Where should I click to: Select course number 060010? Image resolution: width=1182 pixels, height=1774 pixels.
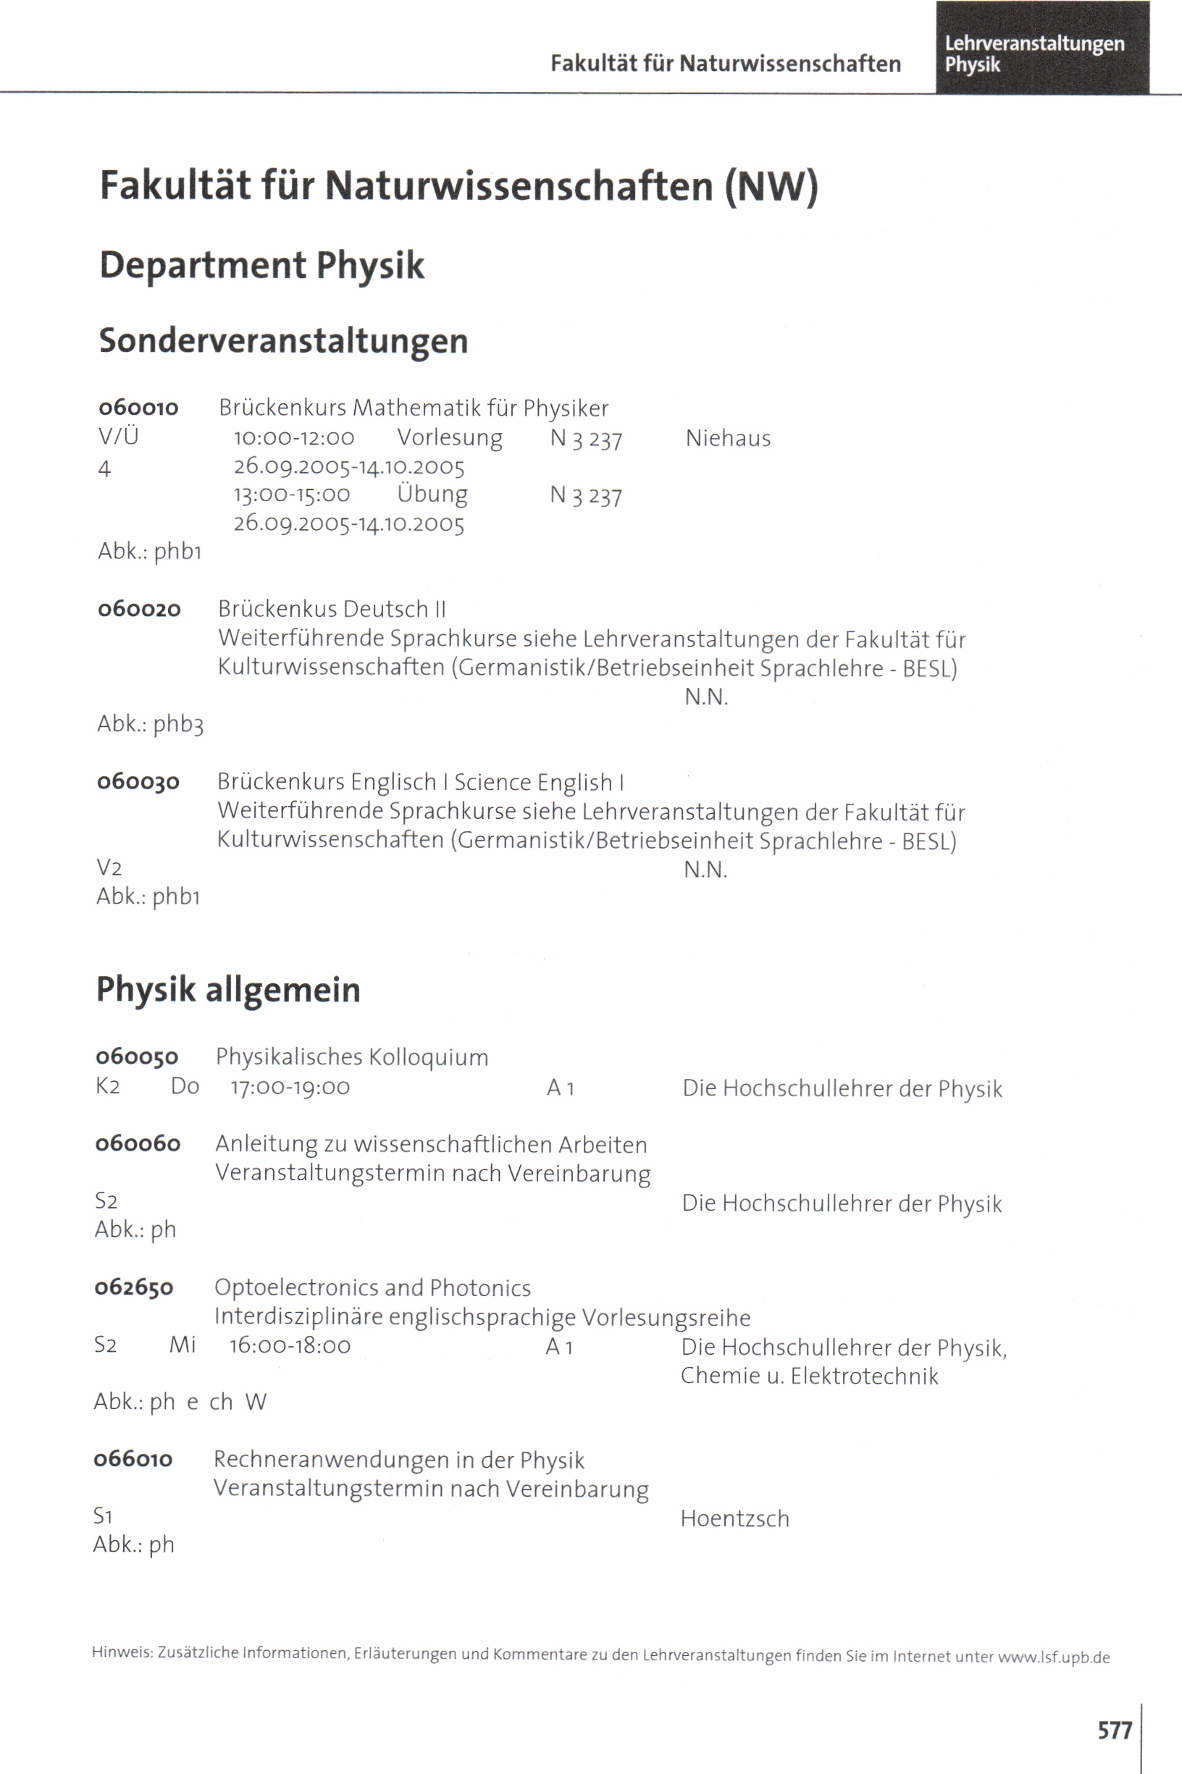click(139, 408)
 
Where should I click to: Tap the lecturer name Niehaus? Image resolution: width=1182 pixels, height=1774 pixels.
click(727, 439)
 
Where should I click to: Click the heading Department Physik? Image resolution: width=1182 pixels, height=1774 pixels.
click(261, 265)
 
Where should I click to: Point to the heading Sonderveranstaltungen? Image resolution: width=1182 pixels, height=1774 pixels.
click(283, 340)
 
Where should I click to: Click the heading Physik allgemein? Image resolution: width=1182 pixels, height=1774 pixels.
click(227, 990)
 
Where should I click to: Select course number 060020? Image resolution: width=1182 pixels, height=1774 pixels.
click(140, 609)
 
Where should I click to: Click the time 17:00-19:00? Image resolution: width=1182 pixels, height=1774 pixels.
click(290, 1088)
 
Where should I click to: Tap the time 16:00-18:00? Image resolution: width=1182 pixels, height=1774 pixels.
click(290, 1346)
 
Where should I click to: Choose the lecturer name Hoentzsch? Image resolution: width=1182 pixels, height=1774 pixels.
click(734, 1518)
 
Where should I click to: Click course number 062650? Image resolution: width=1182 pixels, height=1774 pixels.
click(134, 1287)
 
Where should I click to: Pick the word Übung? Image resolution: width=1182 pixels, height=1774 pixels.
click(432, 495)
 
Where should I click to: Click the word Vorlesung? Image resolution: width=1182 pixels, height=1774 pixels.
click(449, 438)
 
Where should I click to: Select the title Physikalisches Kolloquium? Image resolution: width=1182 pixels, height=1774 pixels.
click(352, 1057)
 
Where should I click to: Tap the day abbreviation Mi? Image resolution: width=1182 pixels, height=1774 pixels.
click(183, 1345)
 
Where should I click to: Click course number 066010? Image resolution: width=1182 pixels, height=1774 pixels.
click(133, 1459)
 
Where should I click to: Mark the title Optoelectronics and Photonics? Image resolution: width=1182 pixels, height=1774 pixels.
click(372, 1288)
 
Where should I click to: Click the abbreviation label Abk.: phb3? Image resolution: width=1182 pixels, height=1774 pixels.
click(150, 724)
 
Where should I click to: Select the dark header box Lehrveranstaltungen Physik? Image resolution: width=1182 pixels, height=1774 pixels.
click(1041, 48)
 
